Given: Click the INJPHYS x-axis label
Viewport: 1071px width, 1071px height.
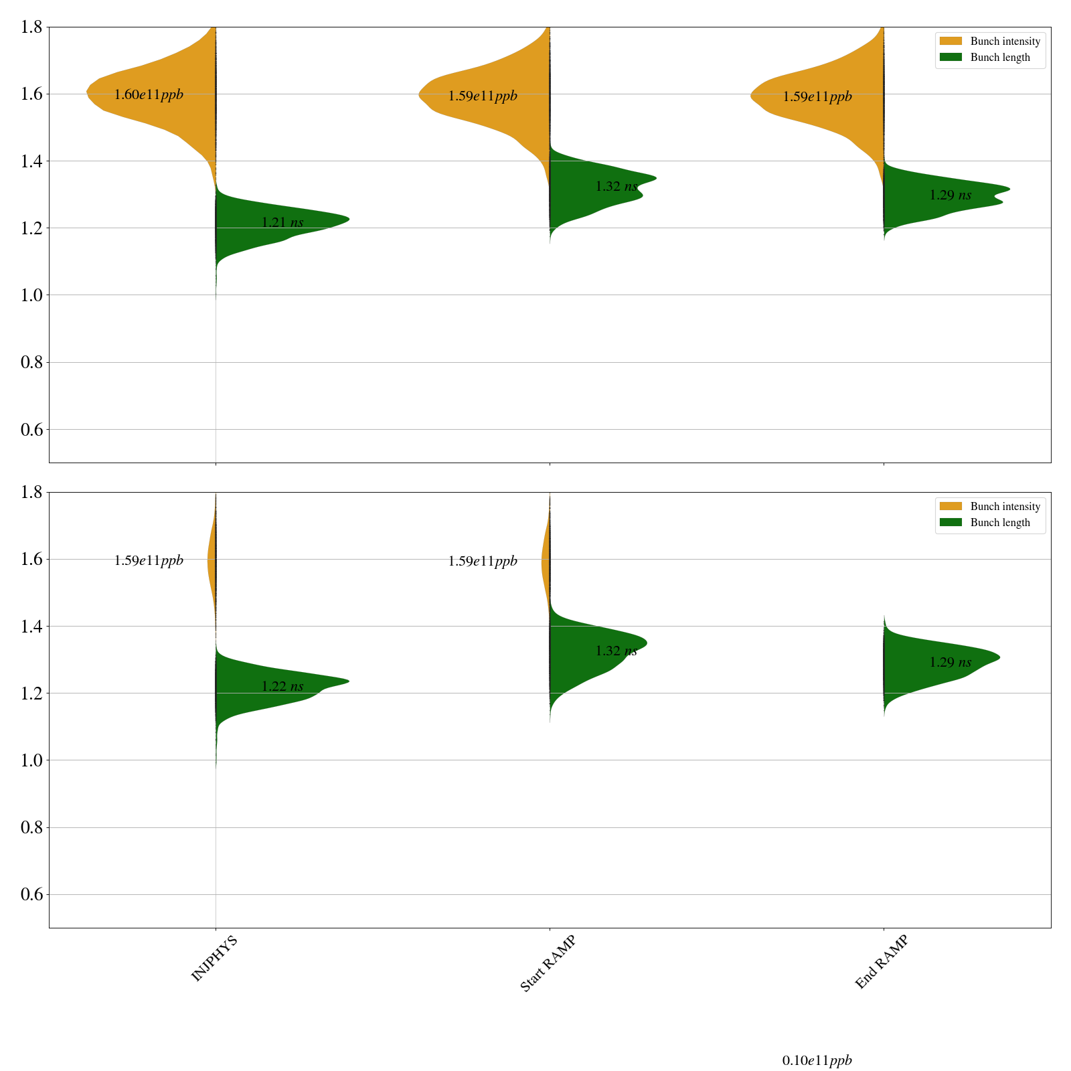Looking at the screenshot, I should (x=214, y=959).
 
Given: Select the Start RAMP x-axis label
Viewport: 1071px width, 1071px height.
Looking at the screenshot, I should (x=548, y=963).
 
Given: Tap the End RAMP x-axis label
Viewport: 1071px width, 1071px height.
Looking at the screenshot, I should (x=882, y=962).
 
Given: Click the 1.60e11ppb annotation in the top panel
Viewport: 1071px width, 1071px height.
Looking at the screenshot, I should (x=149, y=94).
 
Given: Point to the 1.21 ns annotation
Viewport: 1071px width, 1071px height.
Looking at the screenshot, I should (x=282, y=222).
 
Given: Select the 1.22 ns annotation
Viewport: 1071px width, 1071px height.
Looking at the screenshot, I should (x=282, y=686).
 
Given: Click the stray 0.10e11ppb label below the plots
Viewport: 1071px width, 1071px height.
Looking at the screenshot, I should (x=817, y=1060).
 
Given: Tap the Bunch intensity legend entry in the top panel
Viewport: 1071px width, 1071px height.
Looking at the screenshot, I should (x=1005, y=42).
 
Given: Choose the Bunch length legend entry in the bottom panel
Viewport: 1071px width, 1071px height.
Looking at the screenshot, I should (x=1000, y=523).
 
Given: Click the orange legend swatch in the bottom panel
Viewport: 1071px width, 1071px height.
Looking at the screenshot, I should (x=951, y=506).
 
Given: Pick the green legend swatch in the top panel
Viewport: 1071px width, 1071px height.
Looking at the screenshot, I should (x=951, y=58).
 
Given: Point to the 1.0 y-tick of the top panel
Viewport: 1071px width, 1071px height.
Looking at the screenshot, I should (x=32, y=295).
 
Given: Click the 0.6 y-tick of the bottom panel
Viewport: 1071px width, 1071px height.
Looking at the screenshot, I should (x=32, y=895).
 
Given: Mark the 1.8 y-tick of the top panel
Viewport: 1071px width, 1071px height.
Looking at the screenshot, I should (x=32, y=27).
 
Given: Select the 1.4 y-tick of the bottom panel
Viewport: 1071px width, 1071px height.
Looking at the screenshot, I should (x=32, y=627).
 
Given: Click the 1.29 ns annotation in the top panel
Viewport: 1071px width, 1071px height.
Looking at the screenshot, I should (x=950, y=195).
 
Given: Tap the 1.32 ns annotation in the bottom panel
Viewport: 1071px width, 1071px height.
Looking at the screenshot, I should (x=616, y=651).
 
